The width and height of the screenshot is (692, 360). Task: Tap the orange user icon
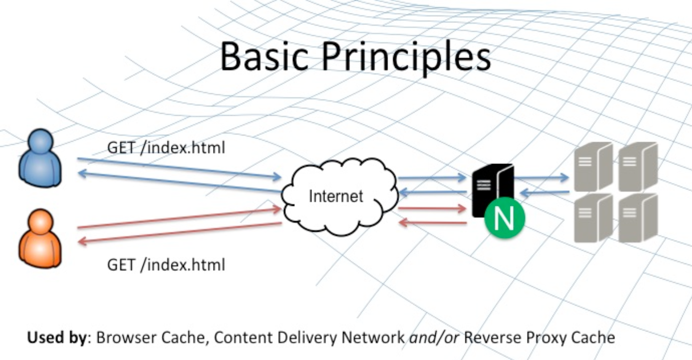pyautogui.click(x=40, y=239)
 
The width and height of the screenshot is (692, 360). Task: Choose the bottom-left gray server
pyautogui.click(x=592, y=218)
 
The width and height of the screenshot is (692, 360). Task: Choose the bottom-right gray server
pyautogui.click(x=637, y=218)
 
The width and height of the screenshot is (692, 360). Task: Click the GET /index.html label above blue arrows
pyautogui.click(x=166, y=147)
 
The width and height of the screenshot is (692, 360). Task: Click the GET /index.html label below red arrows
pyautogui.click(x=166, y=264)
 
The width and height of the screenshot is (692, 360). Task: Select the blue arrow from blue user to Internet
pyautogui.click(x=179, y=168)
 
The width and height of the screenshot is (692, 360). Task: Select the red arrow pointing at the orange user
pyautogui.click(x=179, y=233)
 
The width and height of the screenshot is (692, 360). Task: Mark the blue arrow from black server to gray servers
pyautogui.click(x=541, y=178)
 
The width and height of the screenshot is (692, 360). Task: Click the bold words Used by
pyautogui.click(x=56, y=337)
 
